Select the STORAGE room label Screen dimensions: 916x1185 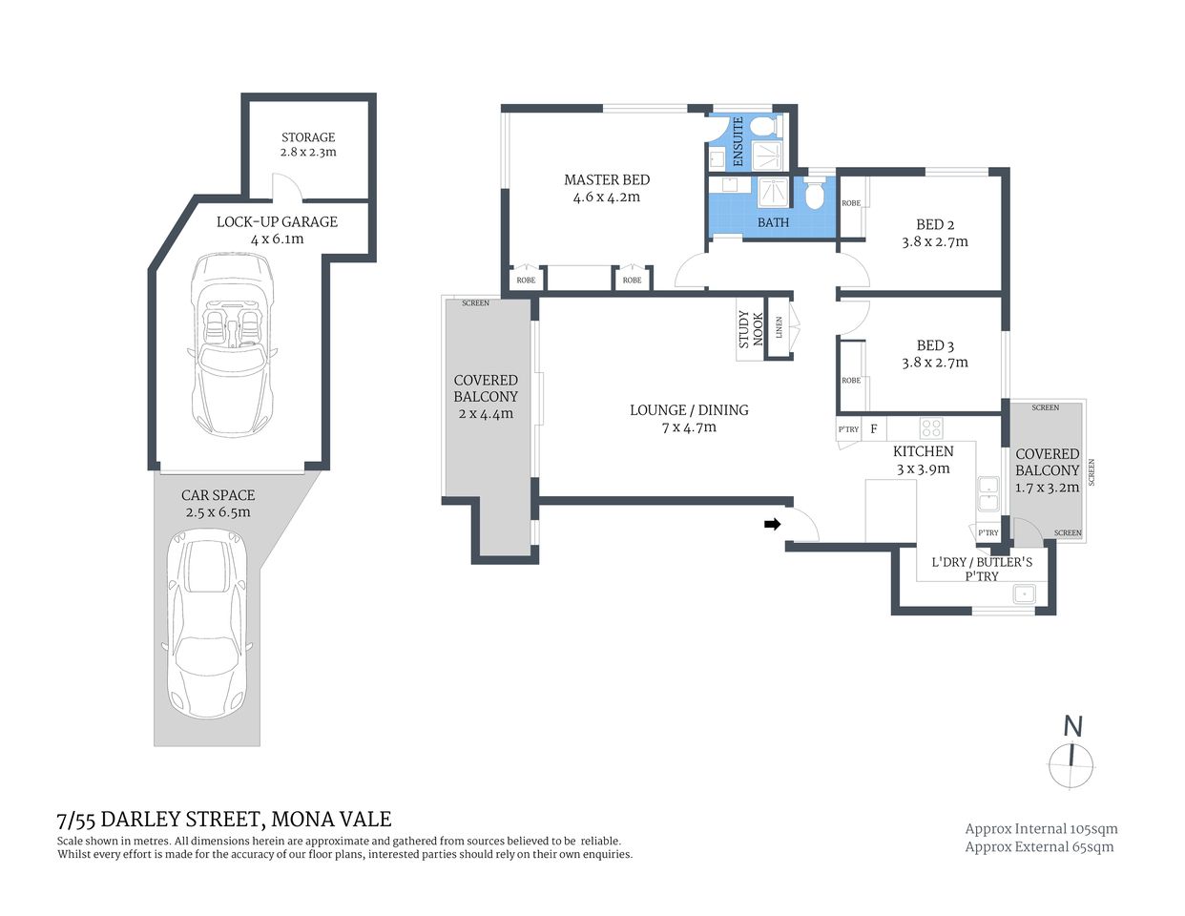pos(308,137)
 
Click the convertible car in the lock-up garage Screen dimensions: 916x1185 pos(232,343)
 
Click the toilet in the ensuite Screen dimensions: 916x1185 pos(764,127)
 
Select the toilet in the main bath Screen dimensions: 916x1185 pos(814,196)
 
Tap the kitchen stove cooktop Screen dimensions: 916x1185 pos(931,428)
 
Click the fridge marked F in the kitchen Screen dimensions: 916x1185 pos(873,429)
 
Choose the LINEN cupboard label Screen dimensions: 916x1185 pos(780,327)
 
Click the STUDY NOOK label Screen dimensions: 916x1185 pos(751,329)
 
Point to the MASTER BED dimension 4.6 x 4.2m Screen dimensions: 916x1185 pos(606,198)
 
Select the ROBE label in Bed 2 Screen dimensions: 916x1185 pos(850,203)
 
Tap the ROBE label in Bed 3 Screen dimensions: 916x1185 pos(850,381)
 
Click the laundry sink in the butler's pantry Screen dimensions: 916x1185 pos(1024,593)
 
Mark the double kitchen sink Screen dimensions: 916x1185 pos(987,491)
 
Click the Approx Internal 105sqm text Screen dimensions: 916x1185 pos(1041,829)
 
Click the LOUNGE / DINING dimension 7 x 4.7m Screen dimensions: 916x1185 pos(689,427)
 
